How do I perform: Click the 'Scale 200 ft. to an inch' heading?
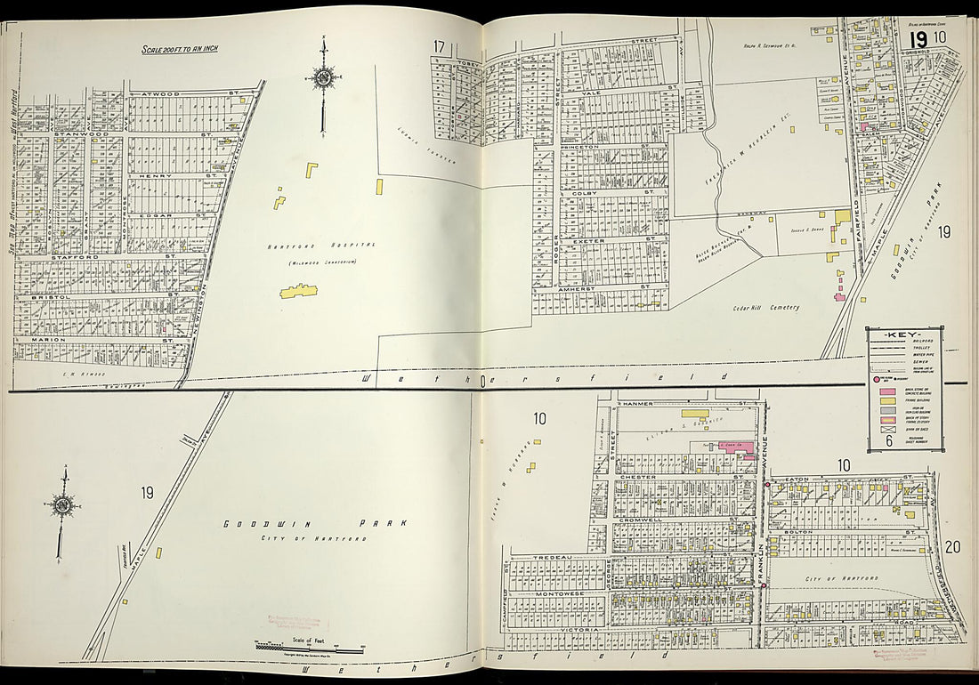pos(180,48)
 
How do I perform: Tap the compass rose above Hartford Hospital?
pos(322,78)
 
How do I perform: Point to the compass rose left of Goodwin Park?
pos(62,505)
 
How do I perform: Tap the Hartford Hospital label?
pos(319,245)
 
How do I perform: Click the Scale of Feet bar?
pos(308,647)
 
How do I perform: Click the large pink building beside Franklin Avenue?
pos(735,447)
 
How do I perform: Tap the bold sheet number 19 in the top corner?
pos(918,39)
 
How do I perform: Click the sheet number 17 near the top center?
pos(439,46)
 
